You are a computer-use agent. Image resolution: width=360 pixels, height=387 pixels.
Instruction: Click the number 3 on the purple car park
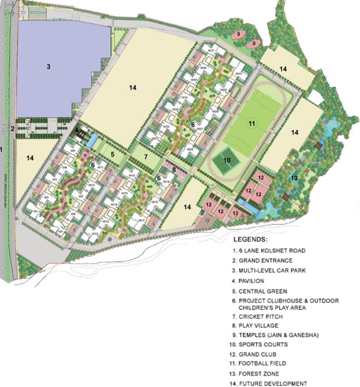coord(49,67)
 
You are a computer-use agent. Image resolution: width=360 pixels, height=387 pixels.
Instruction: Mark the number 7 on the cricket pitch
coord(146,156)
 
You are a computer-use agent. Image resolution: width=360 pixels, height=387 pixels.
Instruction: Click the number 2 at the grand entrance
coord(12,128)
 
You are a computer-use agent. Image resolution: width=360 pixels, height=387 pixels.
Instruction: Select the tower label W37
coord(211,51)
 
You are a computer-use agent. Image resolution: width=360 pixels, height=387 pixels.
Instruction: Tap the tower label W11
coord(100,167)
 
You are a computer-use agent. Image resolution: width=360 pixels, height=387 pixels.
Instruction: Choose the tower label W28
coord(215,111)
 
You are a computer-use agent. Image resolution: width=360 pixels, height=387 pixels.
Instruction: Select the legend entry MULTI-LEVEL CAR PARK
coord(275,271)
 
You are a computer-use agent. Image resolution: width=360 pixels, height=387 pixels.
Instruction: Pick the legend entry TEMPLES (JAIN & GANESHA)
coord(283,334)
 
